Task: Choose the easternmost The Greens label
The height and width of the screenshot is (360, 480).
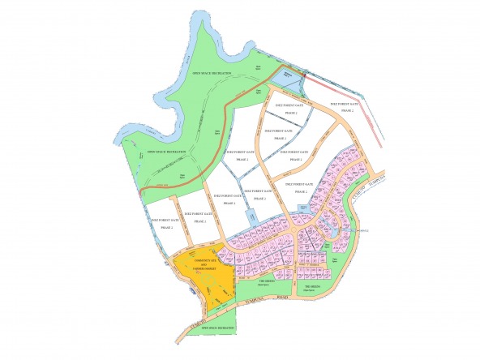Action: point(313,286)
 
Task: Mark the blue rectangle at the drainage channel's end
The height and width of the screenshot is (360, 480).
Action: point(251,217)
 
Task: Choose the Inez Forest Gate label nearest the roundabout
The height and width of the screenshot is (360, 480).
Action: point(301,188)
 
